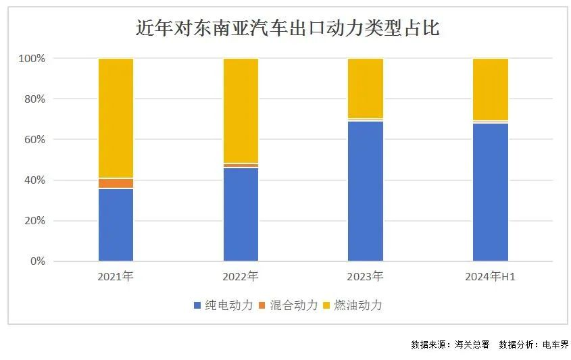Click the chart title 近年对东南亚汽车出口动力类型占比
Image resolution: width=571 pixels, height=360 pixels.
(287, 28)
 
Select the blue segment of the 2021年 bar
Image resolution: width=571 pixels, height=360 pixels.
(116, 225)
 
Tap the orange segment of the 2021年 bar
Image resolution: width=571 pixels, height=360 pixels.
(116, 183)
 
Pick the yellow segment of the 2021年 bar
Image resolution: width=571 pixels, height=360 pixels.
(116, 118)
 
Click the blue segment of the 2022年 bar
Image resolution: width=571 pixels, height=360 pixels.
(241, 214)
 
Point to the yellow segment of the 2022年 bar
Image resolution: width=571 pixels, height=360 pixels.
(241, 111)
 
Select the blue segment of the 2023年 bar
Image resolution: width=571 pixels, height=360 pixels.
(366, 191)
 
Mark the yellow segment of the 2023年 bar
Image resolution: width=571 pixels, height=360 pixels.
(366, 88)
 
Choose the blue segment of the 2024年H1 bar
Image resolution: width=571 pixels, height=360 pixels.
(491, 192)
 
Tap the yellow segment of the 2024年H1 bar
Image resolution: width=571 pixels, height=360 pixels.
(491, 90)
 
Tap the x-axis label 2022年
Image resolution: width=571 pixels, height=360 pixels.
(241, 276)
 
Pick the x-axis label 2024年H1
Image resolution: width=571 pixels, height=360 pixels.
(491, 276)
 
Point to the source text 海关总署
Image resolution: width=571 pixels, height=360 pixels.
(472, 344)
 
